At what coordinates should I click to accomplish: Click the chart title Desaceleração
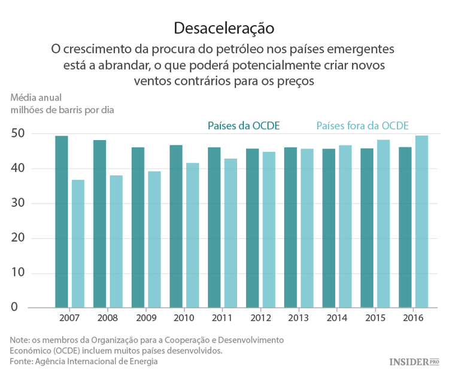click(x=224, y=28)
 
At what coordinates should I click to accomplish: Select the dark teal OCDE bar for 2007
click(x=62, y=222)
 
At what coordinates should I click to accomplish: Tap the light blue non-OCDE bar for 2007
click(x=78, y=244)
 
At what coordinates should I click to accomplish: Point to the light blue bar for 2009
click(x=154, y=239)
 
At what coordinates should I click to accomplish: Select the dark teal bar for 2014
click(x=329, y=228)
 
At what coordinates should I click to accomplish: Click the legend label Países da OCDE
click(x=244, y=126)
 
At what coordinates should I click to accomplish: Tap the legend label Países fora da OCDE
click(x=362, y=126)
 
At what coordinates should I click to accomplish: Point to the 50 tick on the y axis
click(x=18, y=134)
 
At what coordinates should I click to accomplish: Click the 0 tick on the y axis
click(x=22, y=308)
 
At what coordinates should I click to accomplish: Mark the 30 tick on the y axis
click(x=18, y=204)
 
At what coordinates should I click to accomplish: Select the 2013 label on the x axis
click(x=298, y=318)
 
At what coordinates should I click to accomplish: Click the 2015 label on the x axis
click(x=374, y=318)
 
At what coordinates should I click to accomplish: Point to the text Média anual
click(x=36, y=97)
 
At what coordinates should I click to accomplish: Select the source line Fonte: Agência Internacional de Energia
click(x=84, y=362)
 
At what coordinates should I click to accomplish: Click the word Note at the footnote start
click(x=20, y=339)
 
